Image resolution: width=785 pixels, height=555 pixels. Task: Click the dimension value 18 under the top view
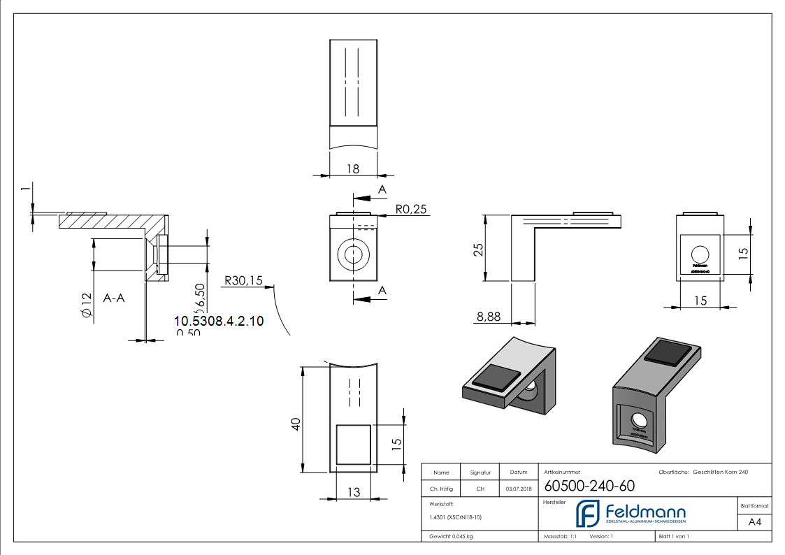pos(352,168)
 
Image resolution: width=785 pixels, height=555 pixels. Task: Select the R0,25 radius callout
pos(410,209)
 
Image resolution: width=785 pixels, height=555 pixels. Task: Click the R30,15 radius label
pos(243,281)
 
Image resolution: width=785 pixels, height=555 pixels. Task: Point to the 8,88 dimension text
pos(489,317)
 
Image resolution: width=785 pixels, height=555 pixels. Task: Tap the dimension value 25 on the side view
pos(479,250)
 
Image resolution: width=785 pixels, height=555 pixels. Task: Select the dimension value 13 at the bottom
pos(354,492)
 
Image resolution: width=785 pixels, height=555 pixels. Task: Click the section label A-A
pos(114,298)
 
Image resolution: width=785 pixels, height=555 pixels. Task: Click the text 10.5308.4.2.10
pos(218,321)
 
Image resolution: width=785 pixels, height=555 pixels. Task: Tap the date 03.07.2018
pos(518,489)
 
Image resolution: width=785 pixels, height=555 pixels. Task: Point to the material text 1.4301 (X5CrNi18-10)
pos(455,517)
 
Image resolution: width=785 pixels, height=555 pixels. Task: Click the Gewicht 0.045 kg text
pos(451,536)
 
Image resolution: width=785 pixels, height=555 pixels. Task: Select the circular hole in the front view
pos(353,254)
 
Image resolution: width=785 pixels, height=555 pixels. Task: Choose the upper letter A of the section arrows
pos(382,189)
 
